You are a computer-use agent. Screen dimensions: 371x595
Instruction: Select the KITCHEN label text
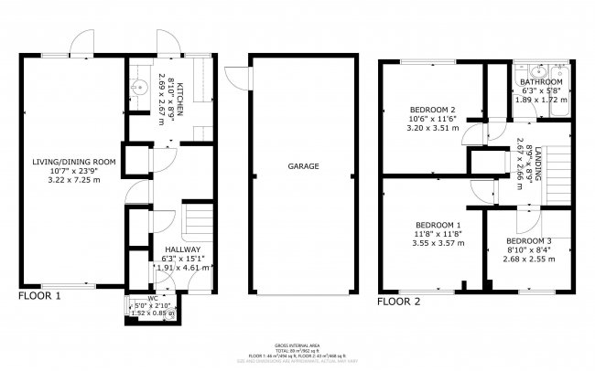coord(179,94)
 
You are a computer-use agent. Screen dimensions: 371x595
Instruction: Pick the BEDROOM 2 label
coord(432,109)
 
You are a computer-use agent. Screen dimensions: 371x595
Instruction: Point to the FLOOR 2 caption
coord(398,301)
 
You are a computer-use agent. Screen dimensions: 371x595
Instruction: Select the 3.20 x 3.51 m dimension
coord(432,129)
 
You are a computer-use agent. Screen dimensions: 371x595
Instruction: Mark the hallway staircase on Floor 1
coord(197,219)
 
